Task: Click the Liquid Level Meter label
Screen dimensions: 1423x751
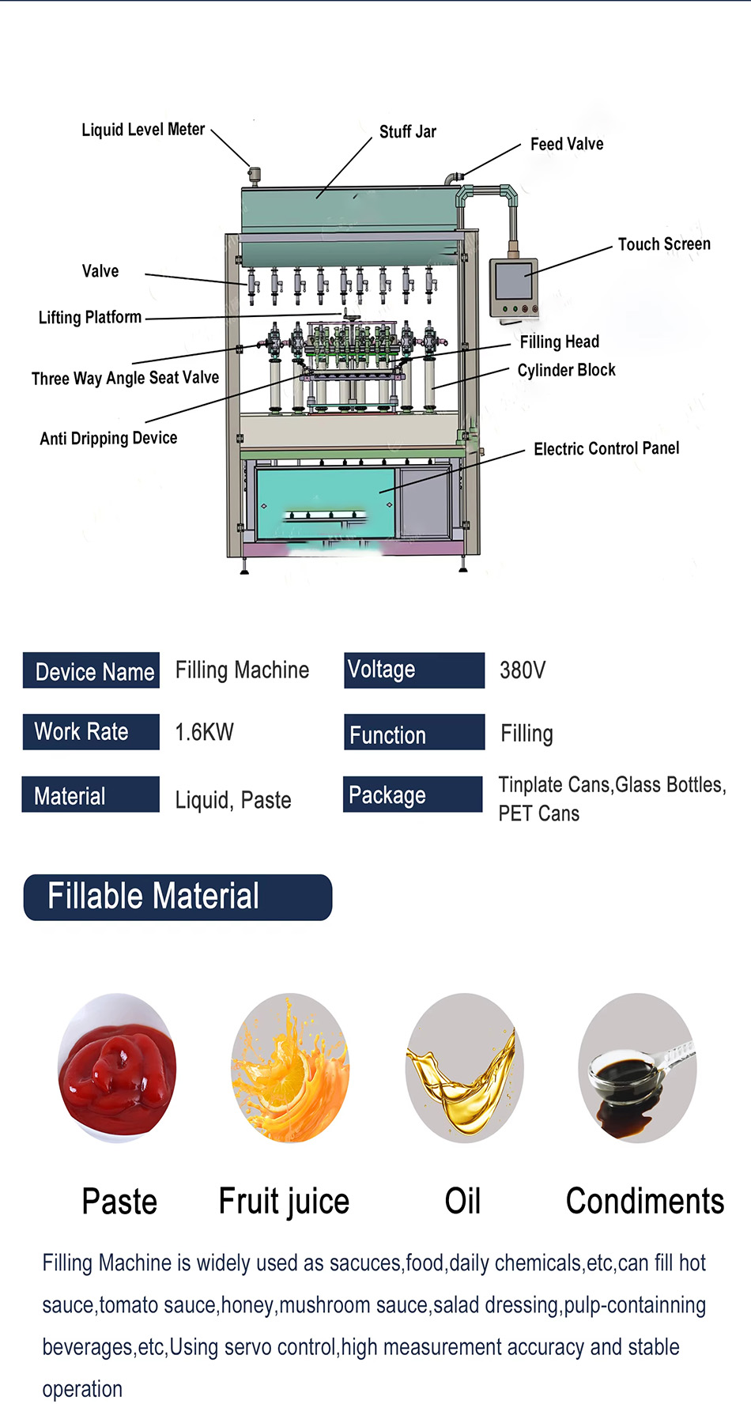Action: point(143,130)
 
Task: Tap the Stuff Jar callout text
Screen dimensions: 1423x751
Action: point(407,132)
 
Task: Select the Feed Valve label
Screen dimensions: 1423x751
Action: point(567,144)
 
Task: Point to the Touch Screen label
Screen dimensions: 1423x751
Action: point(664,244)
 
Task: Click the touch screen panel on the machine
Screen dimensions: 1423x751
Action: point(513,282)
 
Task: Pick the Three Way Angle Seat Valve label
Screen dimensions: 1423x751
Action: point(125,378)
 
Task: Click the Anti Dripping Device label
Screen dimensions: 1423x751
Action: point(108,438)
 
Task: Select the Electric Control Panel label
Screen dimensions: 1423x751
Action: point(606,449)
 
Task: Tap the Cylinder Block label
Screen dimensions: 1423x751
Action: point(566,370)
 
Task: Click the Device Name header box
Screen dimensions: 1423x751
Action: point(92,671)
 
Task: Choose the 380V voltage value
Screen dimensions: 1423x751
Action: point(523,670)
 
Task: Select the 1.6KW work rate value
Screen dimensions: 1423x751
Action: point(204,732)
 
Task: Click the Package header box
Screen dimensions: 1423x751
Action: point(413,795)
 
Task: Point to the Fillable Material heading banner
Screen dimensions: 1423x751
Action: point(178,896)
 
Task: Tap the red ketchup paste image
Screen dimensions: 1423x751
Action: point(117,1068)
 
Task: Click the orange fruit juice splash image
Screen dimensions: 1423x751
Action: point(290,1068)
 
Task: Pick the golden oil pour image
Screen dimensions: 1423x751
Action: point(464,1068)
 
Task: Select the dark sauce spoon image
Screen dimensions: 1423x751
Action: point(637,1068)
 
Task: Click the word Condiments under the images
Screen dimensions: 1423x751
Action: point(644,1201)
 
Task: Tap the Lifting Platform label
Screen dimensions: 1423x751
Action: point(90,318)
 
